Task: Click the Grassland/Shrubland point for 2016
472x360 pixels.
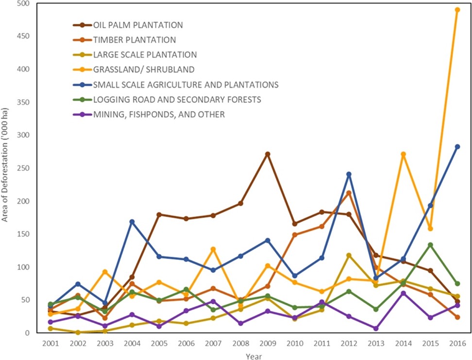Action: pos(457,10)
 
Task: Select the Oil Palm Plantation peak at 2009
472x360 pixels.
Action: pos(267,154)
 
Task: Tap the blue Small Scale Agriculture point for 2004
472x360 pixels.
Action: pos(132,222)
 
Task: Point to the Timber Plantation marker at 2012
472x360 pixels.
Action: pos(349,193)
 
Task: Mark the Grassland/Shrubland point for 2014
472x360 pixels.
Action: pos(403,154)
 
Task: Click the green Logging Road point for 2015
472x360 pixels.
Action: pos(430,245)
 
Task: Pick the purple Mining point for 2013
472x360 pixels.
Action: pos(376,328)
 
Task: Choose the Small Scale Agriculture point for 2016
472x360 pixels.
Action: pos(457,147)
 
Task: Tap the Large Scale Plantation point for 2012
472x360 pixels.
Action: pos(349,255)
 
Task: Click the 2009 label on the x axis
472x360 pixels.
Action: pos(267,344)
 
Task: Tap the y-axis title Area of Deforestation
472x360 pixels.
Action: pos(5,167)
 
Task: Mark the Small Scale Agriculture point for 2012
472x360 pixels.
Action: pos(349,174)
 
